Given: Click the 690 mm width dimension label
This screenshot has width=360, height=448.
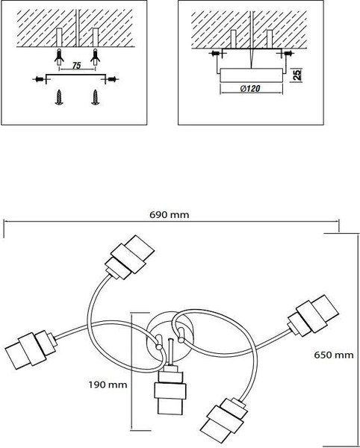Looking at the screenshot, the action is [169, 214].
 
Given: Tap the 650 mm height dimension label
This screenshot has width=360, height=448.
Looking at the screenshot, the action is [334, 355].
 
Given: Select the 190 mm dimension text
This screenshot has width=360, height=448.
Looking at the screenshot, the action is [108, 385].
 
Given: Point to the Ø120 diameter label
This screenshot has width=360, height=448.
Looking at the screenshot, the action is [250, 89].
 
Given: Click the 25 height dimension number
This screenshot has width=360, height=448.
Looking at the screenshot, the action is [297, 74].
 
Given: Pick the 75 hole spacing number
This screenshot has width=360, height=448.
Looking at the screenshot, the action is [76, 66].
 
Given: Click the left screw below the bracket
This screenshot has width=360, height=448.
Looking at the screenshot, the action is [59, 97].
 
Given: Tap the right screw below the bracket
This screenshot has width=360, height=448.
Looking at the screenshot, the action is [95, 97].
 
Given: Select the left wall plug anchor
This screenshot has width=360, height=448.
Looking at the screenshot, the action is [59, 57].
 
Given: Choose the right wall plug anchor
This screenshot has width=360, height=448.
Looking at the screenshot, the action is [95, 57].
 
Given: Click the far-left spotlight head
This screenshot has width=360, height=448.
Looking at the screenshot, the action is [31, 349].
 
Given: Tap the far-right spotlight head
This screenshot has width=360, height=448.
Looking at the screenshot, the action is [313, 316].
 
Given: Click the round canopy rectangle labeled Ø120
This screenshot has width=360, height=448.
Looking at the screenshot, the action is [252, 75].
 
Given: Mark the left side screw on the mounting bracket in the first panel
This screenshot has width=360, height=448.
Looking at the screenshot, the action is [39, 79].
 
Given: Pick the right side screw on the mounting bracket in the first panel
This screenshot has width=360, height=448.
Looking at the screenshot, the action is [112, 79].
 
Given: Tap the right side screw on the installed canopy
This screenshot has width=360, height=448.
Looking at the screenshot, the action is [288, 53].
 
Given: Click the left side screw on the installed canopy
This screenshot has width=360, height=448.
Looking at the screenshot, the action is [215, 53].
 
